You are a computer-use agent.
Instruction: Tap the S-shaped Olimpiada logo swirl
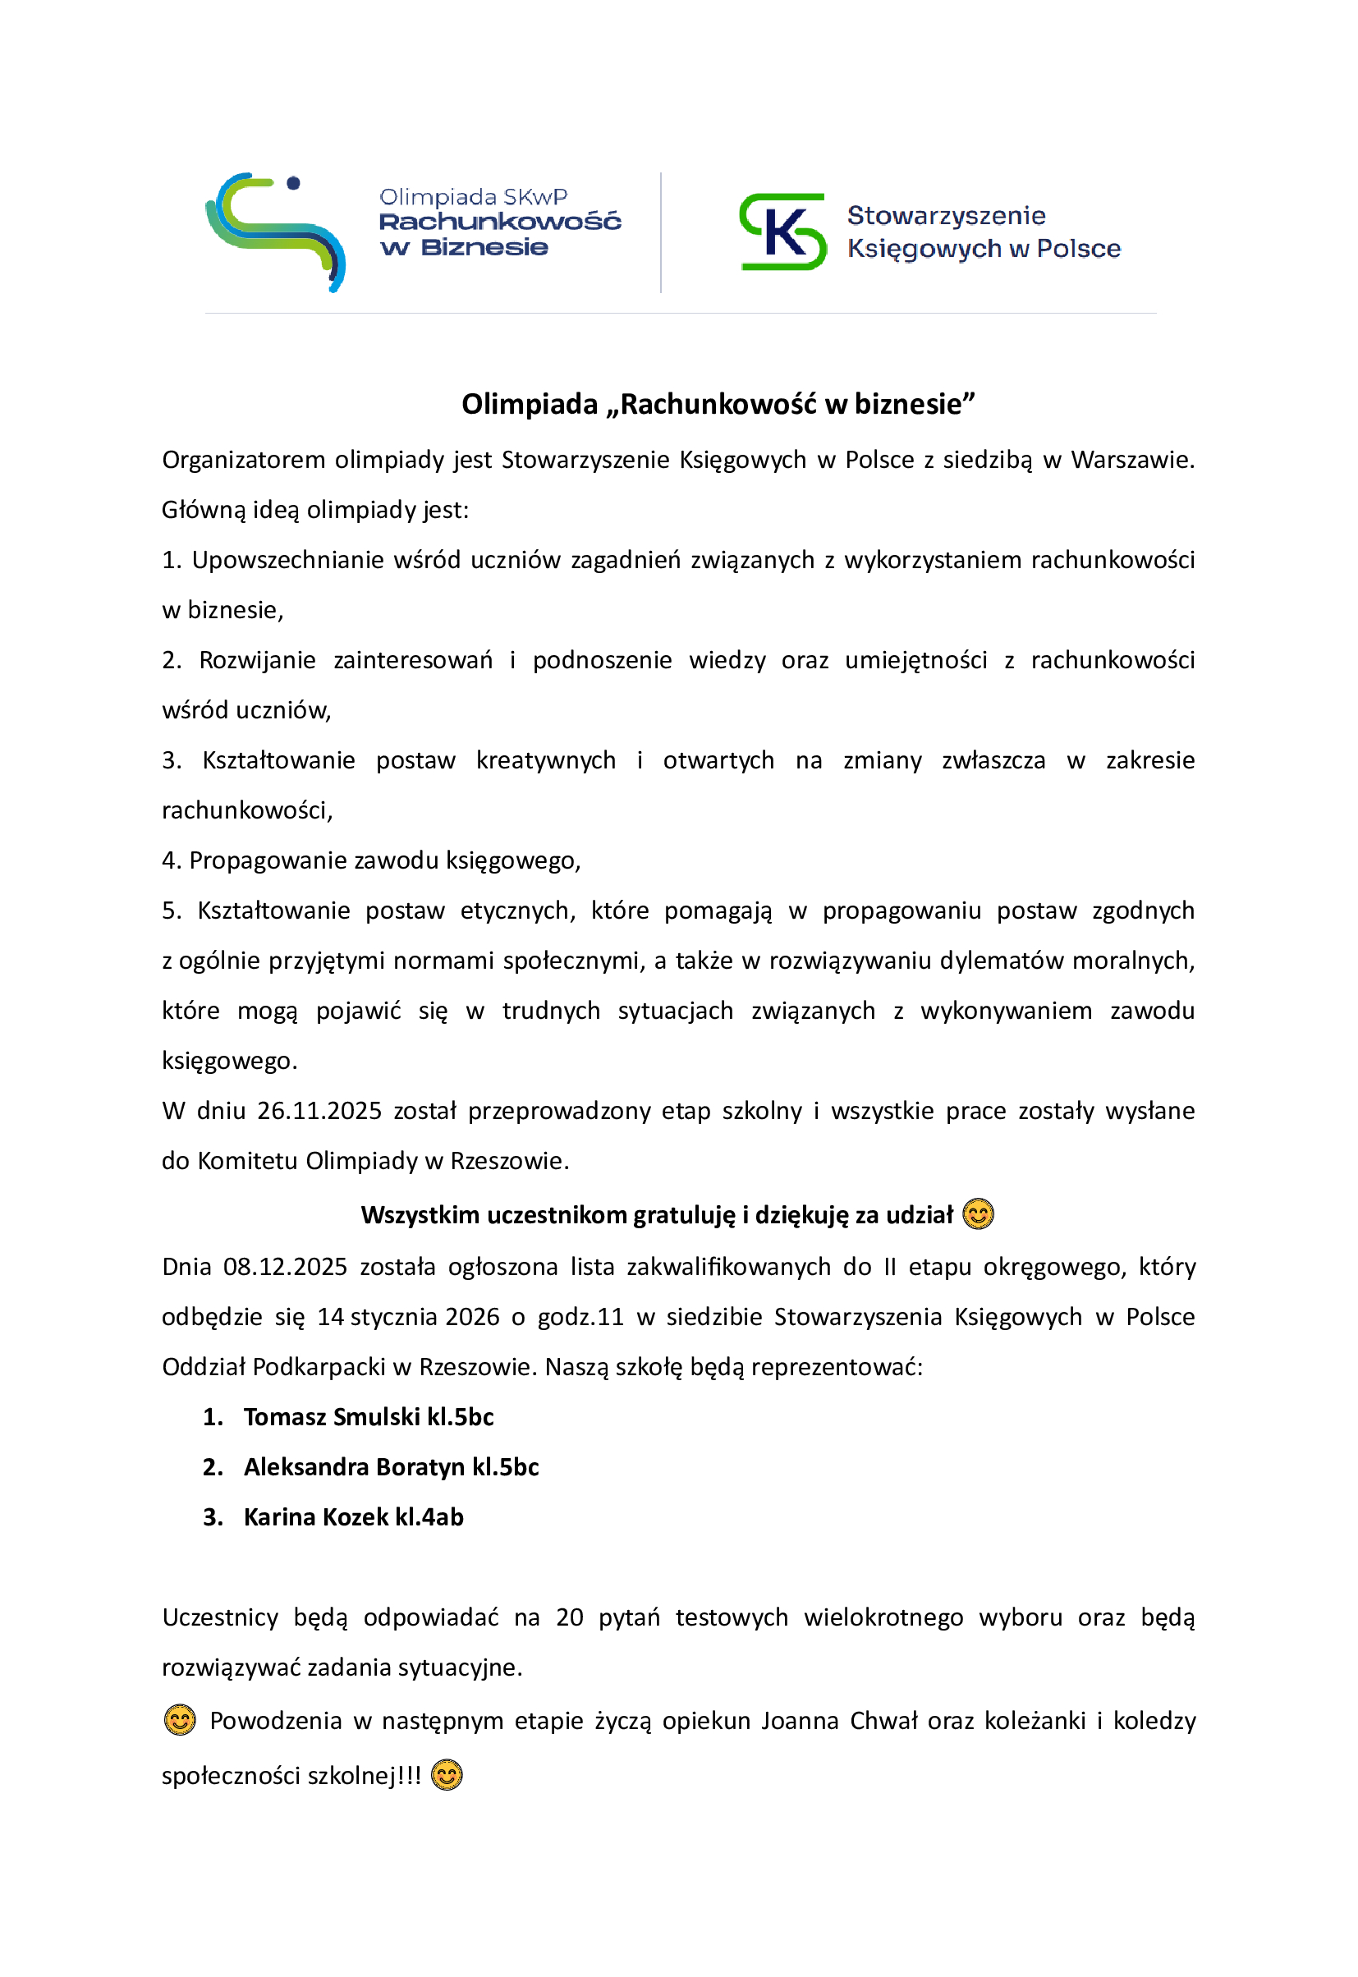pyautogui.click(x=276, y=232)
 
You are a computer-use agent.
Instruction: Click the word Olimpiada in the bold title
pyautogui.click(x=530, y=404)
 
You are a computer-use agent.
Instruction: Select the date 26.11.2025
pyautogui.click(x=319, y=1111)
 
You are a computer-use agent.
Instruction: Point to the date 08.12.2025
pyautogui.click(x=285, y=1267)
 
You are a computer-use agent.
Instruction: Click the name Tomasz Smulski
pyautogui.click(x=332, y=1416)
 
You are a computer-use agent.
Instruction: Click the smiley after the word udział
pyautogui.click(x=979, y=1214)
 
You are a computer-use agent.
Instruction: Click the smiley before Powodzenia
pyautogui.click(x=180, y=1720)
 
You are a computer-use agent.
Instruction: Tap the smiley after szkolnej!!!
pyautogui.click(x=447, y=1775)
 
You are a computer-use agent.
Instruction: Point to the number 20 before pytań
pyautogui.click(x=569, y=1617)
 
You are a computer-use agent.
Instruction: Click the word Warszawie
pyautogui.click(x=1132, y=461)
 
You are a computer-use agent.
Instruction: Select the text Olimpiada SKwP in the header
pyautogui.click(x=473, y=197)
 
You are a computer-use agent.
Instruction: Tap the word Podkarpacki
pyautogui.click(x=319, y=1367)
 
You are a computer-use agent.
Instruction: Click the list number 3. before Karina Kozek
pyautogui.click(x=213, y=1516)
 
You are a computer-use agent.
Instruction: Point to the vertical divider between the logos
pyautogui.click(x=661, y=232)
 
